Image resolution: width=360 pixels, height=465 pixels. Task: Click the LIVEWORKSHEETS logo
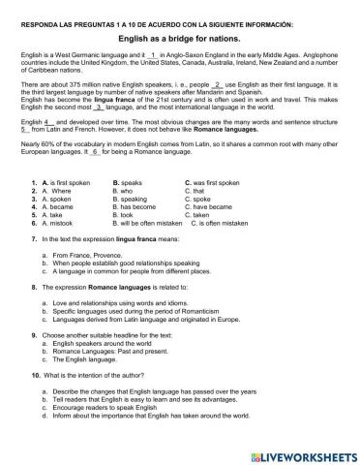click(x=299, y=451)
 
